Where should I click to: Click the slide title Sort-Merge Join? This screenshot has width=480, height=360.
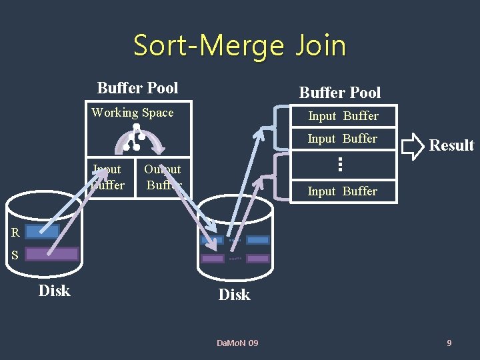[x=240, y=45]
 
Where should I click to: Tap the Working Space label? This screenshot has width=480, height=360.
[x=133, y=113]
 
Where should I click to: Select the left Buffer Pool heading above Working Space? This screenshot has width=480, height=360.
[x=137, y=88]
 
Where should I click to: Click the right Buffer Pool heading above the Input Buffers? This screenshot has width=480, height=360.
[x=340, y=93]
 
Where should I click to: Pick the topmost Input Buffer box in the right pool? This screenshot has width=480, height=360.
[x=343, y=116]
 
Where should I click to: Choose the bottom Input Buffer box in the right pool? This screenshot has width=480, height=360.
[x=343, y=191]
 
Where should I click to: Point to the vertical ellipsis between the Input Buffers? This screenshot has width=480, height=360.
[x=339, y=164]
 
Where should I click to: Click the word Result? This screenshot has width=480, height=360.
[x=451, y=145]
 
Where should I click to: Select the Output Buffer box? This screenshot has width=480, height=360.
[x=163, y=177]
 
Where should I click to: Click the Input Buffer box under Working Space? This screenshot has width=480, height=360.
[x=108, y=177]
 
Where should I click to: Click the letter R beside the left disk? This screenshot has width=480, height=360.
[x=15, y=233]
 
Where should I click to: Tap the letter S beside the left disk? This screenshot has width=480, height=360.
[x=14, y=255]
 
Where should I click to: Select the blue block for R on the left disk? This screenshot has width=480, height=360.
[x=43, y=231]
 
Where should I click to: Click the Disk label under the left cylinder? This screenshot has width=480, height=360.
[x=54, y=291]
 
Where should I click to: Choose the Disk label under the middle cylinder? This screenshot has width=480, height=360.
[x=234, y=295]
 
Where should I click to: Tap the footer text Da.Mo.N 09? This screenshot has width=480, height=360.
[x=237, y=343]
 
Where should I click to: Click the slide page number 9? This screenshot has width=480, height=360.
[x=449, y=343]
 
